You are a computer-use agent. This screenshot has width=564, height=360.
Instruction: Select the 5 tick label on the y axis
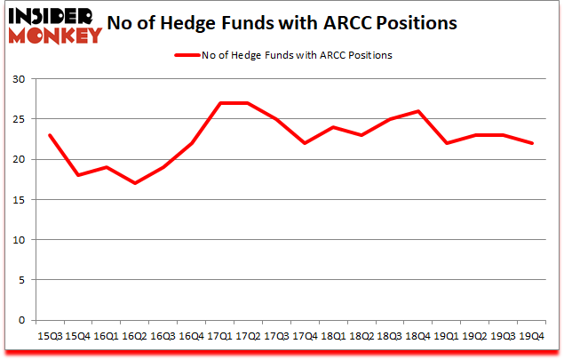20,280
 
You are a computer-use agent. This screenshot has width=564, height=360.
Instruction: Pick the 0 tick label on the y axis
20,320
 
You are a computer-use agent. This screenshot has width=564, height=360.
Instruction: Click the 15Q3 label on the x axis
50,336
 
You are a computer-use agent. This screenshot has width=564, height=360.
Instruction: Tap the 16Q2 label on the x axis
134,336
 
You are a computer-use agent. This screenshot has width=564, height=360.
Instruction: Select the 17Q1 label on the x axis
219,336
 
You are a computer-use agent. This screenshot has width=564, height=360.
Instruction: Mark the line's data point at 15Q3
50,135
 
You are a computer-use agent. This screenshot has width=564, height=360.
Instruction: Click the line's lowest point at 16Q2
134,183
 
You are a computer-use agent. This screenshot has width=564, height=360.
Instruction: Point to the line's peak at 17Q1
219,103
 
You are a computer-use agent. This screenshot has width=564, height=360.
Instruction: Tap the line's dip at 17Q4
305,143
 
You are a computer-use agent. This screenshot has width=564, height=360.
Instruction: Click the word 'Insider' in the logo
52,17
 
